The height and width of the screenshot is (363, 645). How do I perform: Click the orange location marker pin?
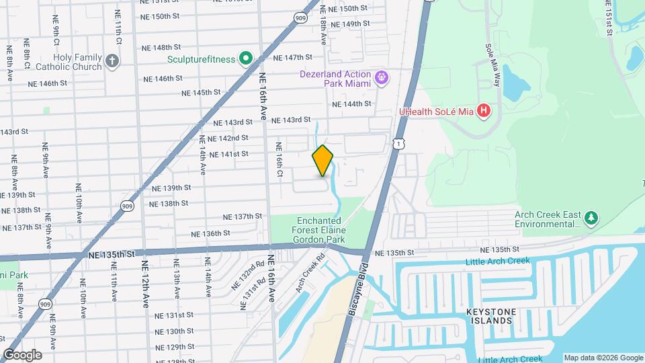coord(322,160)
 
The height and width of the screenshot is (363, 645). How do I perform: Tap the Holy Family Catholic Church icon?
coord(112,62)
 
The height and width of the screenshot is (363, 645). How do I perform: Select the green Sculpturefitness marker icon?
coord(246,59)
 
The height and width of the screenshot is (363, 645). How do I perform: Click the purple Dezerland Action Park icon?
coord(381,78)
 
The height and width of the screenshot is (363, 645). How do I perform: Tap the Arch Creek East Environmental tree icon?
coord(591,218)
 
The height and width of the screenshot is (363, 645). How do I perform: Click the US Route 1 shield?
coord(399,143)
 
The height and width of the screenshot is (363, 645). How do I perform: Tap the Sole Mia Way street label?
coord(492,61)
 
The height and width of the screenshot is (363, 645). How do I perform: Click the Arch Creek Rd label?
coord(310,272)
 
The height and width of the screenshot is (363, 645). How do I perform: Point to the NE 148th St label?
coord(161,48)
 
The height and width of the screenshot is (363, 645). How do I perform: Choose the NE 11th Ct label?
coord(119,33)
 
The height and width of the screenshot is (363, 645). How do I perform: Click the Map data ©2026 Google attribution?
coord(603,358)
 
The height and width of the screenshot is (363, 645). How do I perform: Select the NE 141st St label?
coord(229,154)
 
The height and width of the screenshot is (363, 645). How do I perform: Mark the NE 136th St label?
coord(210,234)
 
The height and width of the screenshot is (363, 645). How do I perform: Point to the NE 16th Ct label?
coord(279,160)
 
